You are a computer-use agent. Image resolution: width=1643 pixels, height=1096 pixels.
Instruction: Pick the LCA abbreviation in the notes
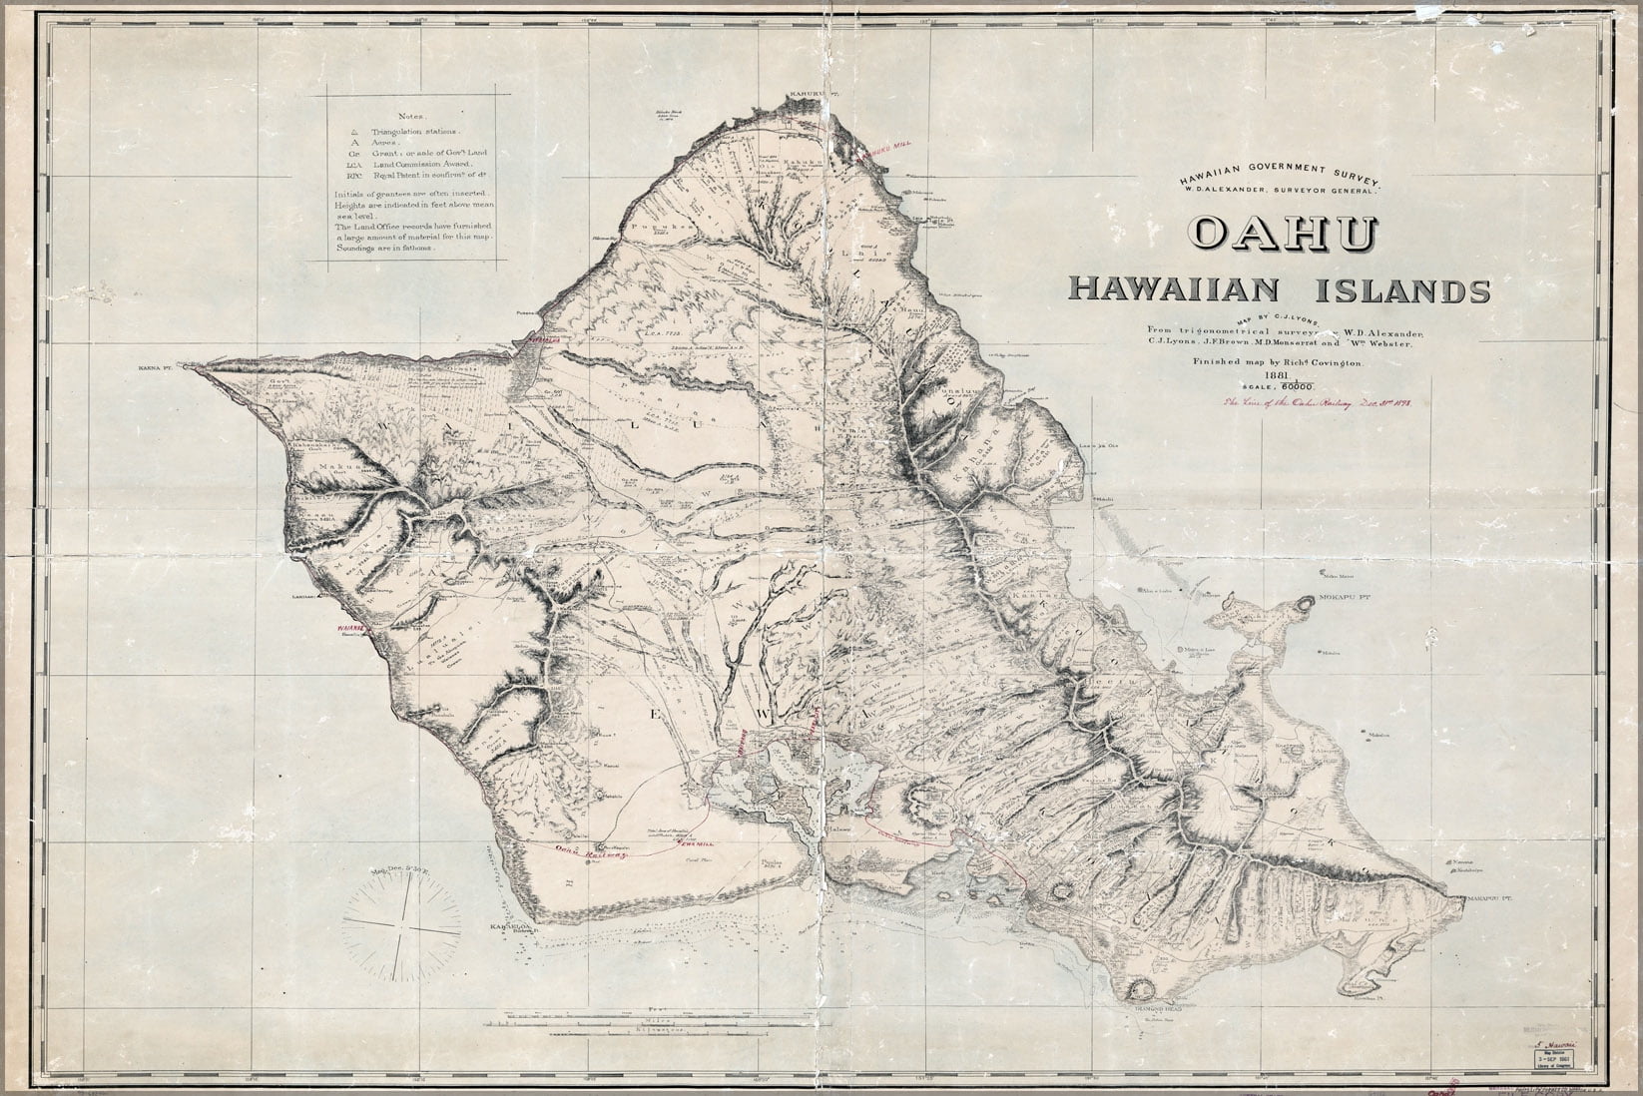coord(352,165)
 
